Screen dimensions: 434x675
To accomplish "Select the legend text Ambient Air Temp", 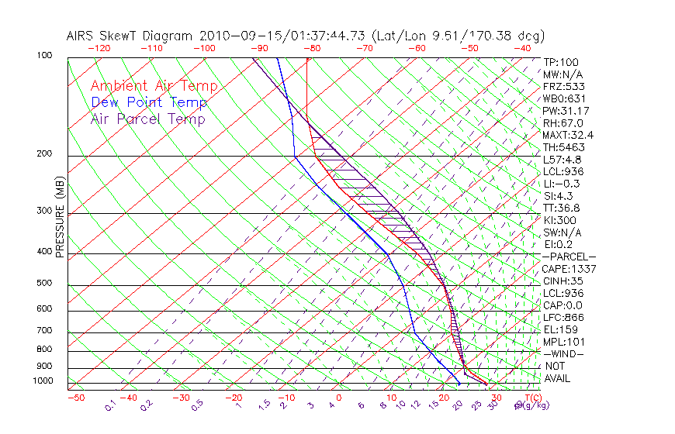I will pos(154,86).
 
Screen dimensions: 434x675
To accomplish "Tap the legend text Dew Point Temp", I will pos(149,102).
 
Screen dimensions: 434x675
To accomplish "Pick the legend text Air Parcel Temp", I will pos(148,119).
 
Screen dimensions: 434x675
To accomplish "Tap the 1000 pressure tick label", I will pos(43,381).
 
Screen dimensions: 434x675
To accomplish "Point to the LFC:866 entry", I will pos(563,317).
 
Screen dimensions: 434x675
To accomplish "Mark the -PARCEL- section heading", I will pos(569,257).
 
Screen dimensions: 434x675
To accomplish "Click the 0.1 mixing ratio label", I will pos(110,405).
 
